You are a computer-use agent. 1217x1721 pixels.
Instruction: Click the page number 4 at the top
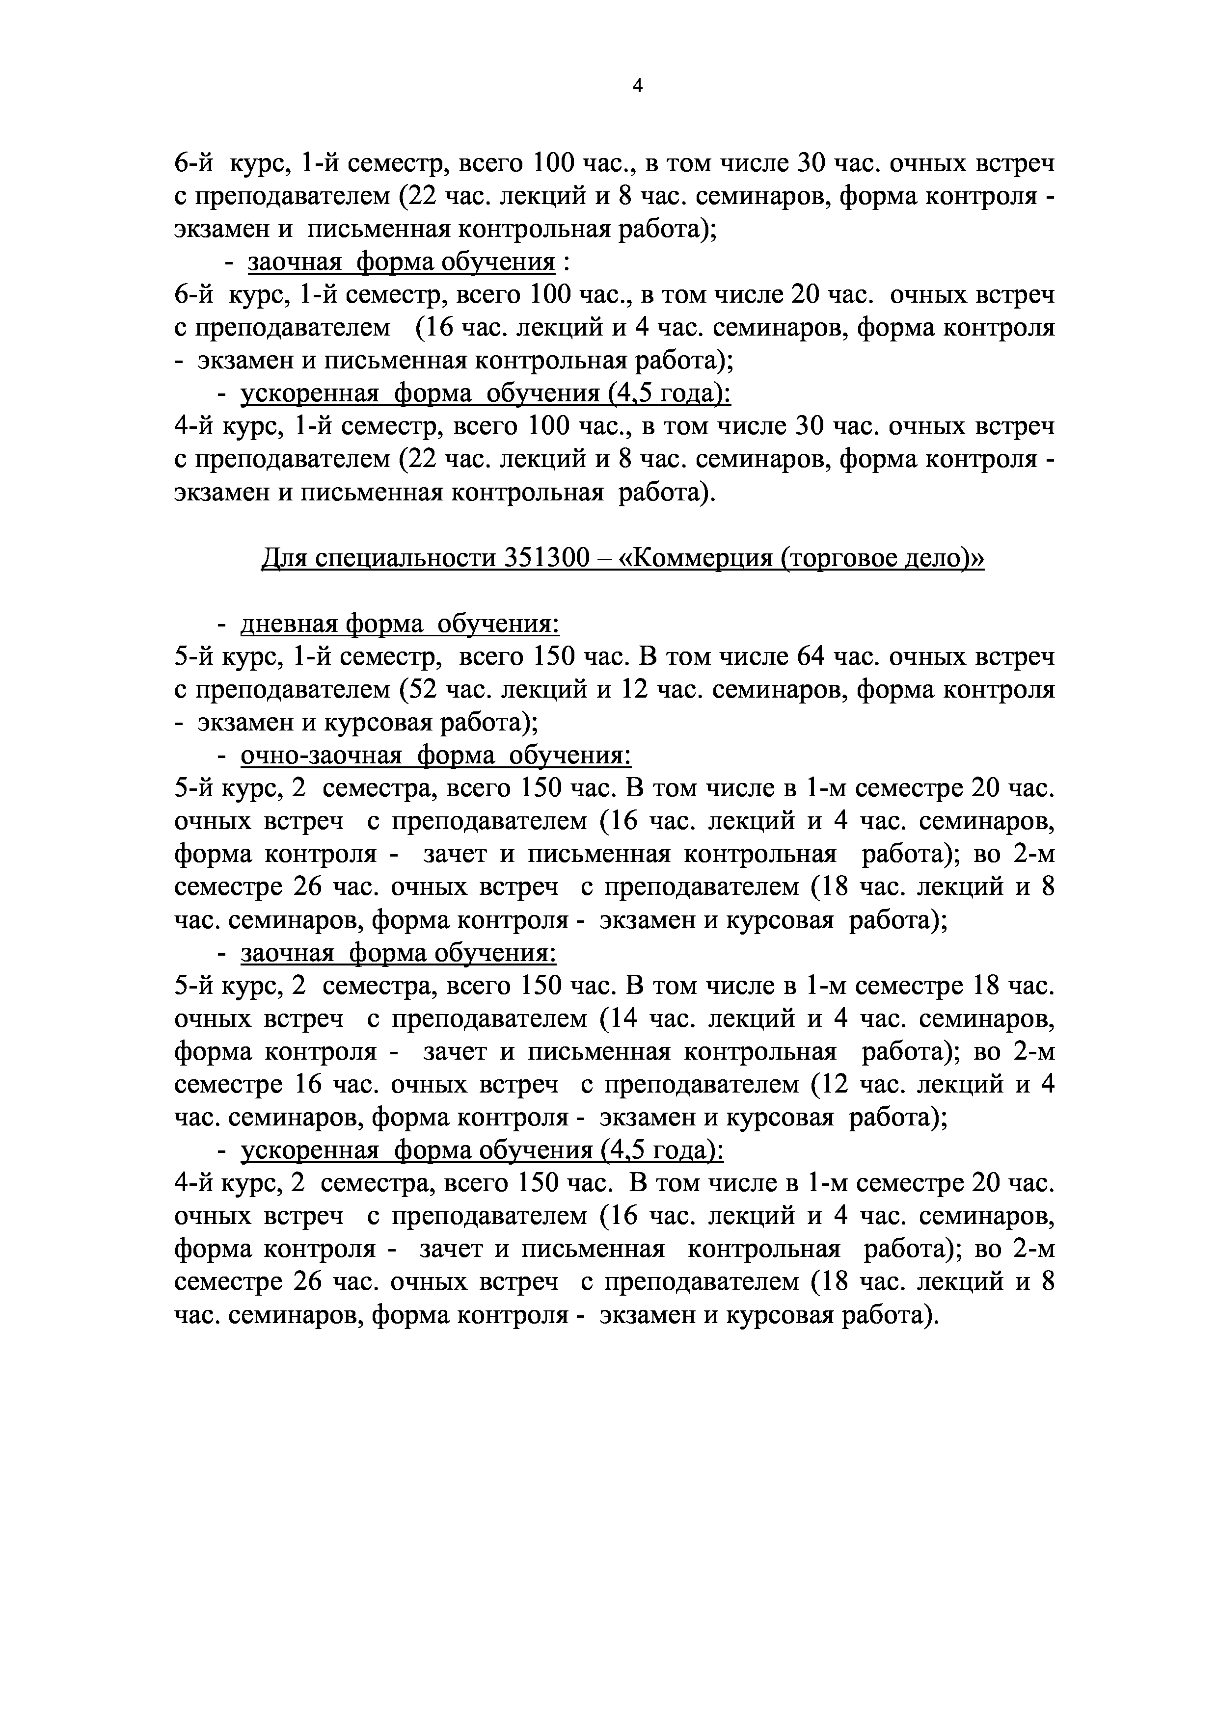pos(637,87)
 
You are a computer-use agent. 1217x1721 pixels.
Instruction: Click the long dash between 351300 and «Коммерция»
pos(604,559)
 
